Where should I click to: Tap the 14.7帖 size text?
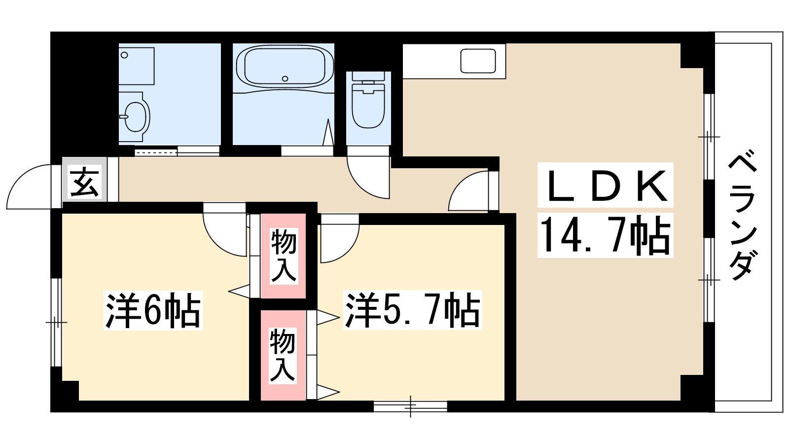point(605,235)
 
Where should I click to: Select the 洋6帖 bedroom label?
point(153,311)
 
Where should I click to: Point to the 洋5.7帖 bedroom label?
point(412,310)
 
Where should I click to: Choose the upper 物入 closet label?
point(284,256)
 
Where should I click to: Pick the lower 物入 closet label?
point(283,355)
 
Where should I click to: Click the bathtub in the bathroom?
point(285,67)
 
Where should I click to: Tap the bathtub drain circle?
point(285,78)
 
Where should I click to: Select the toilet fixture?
point(368,101)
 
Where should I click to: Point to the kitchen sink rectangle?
point(478,61)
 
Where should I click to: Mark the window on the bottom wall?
point(410,407)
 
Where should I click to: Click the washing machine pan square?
point(136,66)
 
